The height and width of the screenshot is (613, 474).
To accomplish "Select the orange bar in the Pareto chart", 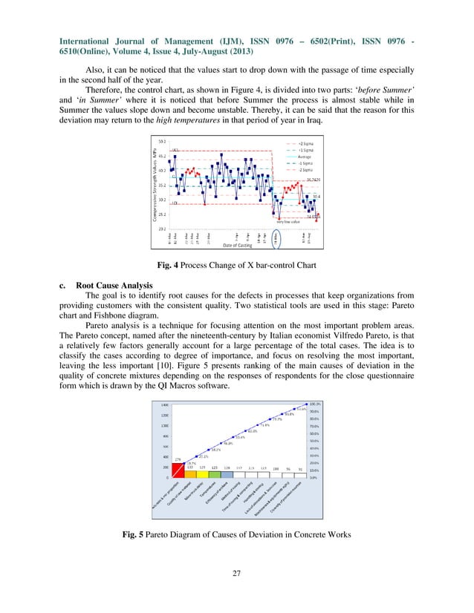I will click(x=190, y=473).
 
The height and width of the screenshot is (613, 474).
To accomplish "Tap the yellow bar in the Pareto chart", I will click(x=202, y=473).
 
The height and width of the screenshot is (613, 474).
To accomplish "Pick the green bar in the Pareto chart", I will click(x=215, y=473).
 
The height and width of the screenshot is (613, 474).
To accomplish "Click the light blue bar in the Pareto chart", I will click(x=227, y=473).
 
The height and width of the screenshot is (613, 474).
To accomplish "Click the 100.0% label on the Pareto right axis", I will click(x=314, y=404).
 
